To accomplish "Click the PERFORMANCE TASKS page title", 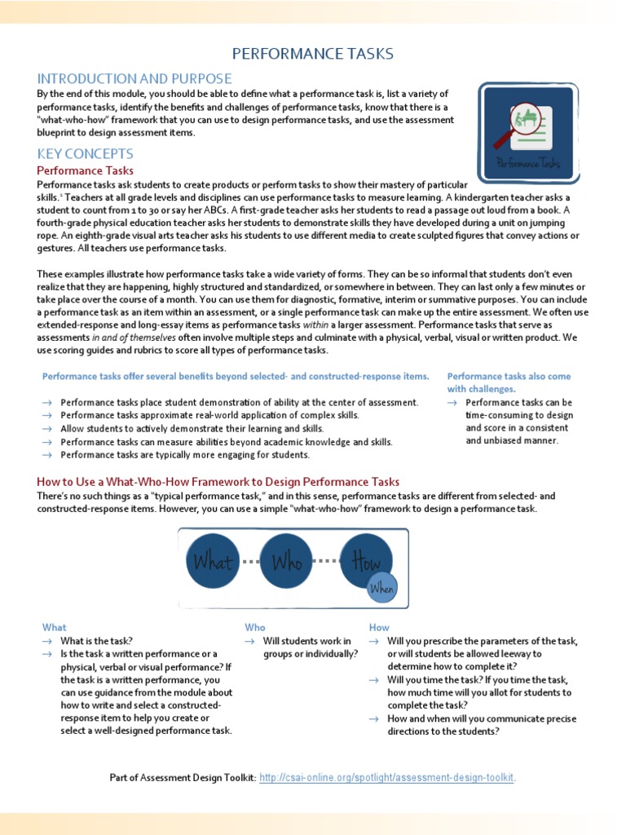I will coord(313,54).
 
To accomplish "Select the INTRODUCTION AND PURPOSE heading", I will coord(134,79).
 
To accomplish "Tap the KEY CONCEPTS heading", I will coord(86,153).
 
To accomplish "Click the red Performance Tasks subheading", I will coord(86,170).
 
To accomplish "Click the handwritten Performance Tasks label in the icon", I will coord(529,162).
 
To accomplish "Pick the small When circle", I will coord(381,588).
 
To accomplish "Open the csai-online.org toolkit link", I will coord(387,778).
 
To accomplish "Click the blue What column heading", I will coord(55,627).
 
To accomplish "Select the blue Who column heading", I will coord(255,627).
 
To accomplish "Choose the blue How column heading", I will coord(379,627).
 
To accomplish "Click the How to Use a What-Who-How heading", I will coord(218,482).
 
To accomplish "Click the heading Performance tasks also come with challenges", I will coord(509,382).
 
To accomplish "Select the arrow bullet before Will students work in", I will coord(250,641).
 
